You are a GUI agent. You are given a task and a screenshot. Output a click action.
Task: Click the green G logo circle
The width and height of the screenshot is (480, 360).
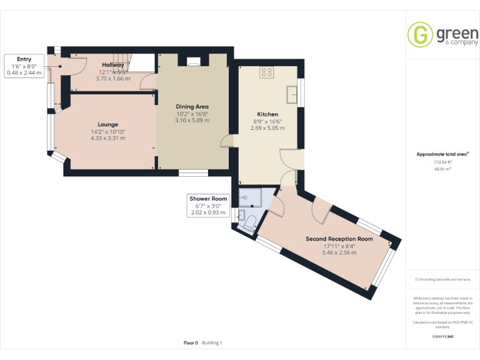pyautogui.click(x=420, y=34)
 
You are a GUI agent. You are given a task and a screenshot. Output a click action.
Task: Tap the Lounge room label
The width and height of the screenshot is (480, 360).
pyautogui.click(x=107, y=124)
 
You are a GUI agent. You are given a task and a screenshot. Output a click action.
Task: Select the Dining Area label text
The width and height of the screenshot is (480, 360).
pyautogui.click(x=192, y=106)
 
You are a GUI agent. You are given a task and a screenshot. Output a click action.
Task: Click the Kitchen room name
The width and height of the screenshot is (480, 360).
pyautogui.click(x=267, y=114)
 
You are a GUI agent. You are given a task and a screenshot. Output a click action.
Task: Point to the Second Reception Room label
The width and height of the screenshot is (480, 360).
pyautogui.click(x=339, y=239)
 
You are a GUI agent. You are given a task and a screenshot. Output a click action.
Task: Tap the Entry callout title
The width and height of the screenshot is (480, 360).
pyautogui.click(x=24, y=59)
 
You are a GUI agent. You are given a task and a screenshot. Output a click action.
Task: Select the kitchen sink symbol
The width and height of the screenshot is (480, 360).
pyautogui.click(x=291, y=94)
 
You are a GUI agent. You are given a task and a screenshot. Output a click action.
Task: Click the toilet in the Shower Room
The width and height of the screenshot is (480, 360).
pyautogui.click(x=248, y=223)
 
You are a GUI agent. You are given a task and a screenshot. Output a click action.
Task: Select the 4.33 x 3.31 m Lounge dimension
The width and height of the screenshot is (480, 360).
pyautogui.click(x=107, y=138)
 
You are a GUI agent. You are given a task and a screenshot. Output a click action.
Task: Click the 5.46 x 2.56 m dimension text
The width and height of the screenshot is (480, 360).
pyautogui.click(x=339, y=252)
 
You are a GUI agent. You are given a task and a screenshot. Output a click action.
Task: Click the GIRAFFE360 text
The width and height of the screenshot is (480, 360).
pyautogui.click(x=442, y=337)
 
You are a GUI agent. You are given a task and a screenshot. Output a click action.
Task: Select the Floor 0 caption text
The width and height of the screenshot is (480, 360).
pyautogui.click(x=191, y=342)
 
